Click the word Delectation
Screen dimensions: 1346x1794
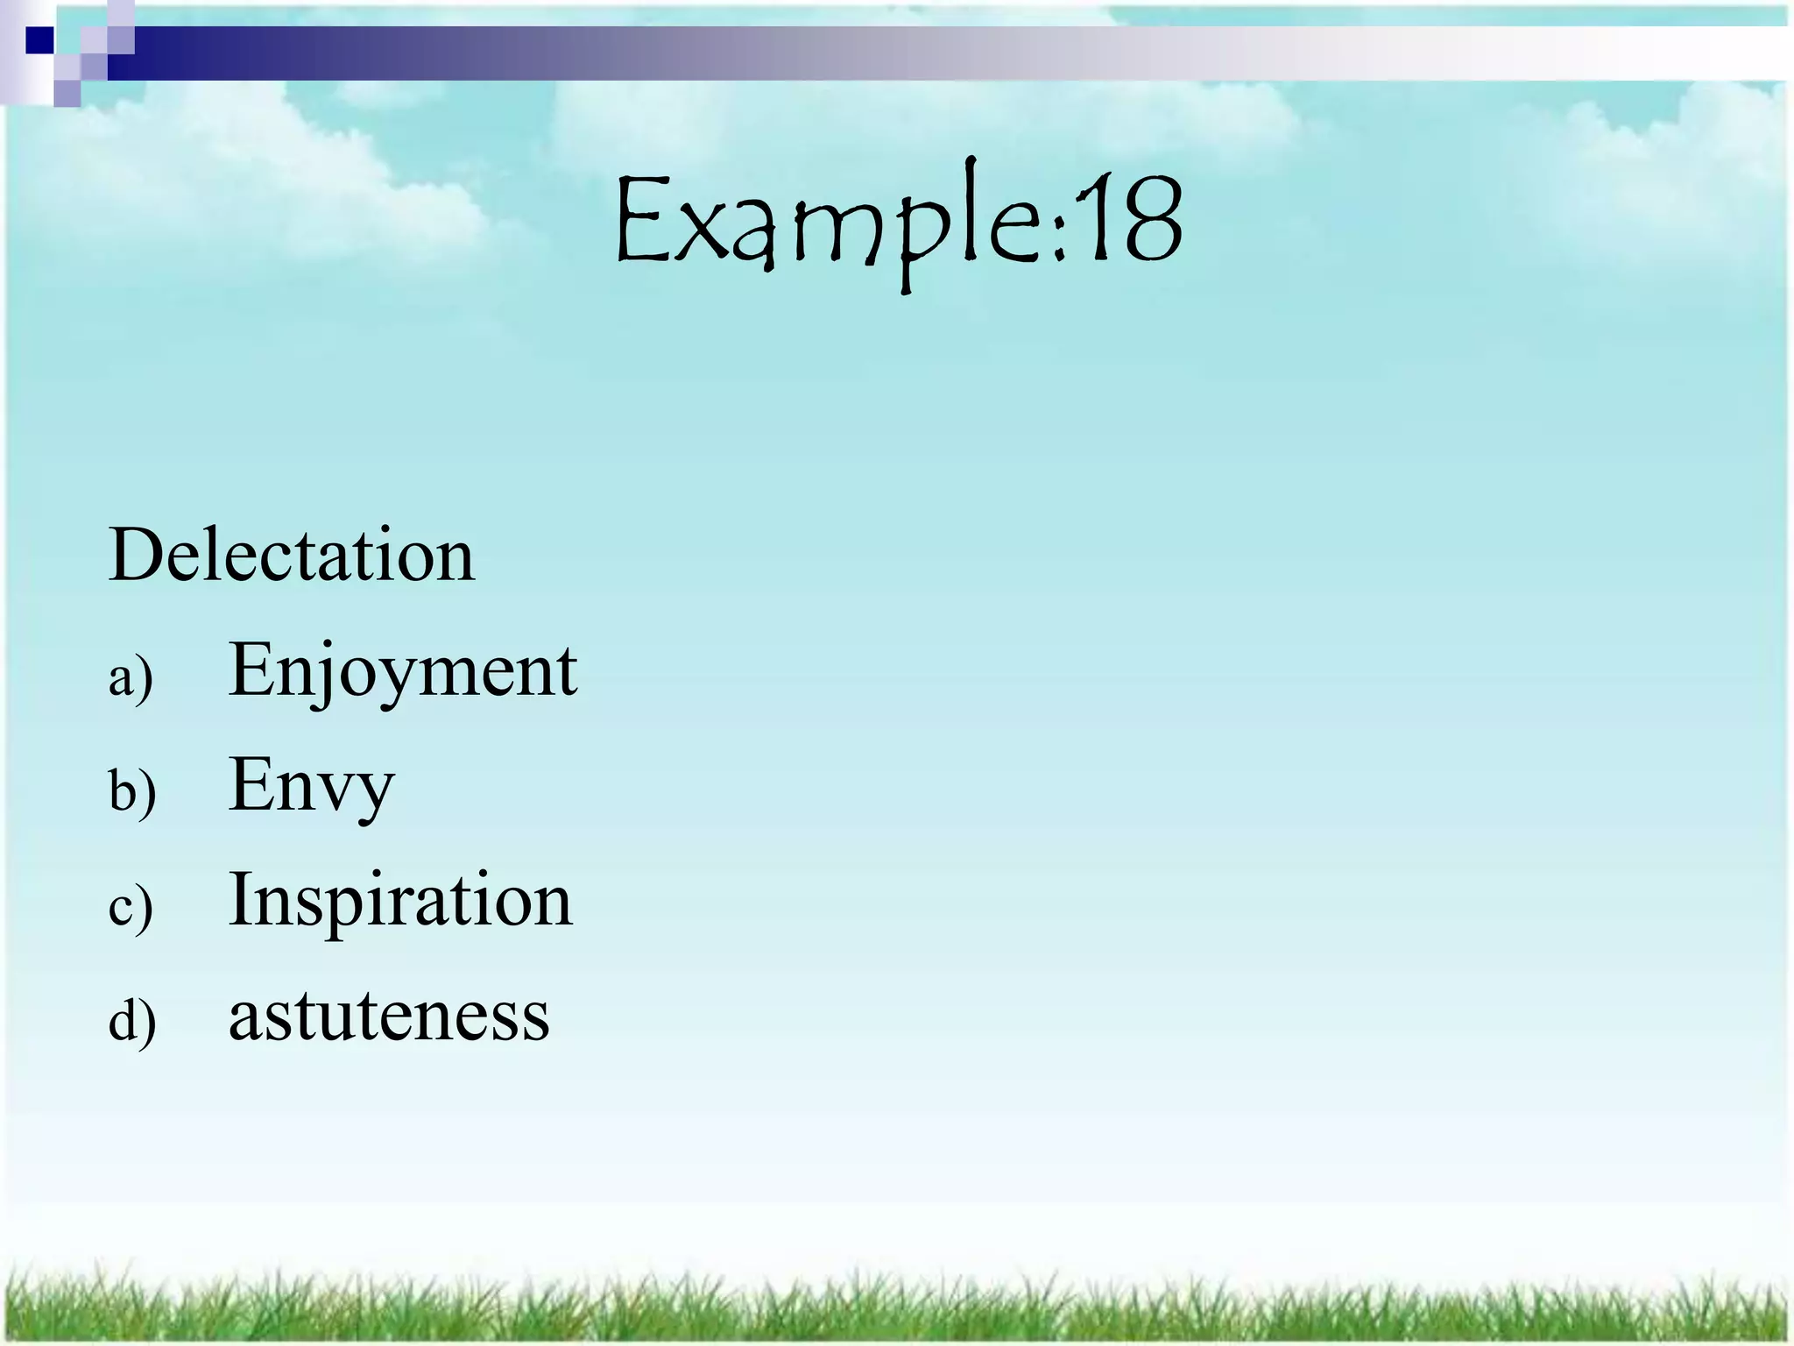pyautogui.click(x=292, y=555)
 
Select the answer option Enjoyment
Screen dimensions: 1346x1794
pyautogui.click(x=402, y=670)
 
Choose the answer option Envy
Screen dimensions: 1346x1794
pyautogui.click(x=311, y=785)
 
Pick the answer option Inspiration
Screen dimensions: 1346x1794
pyautogui.click(x=400, y=900)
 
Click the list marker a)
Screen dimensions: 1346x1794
pyautogui.click(x=131, y=677)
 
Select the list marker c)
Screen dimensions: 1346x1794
pyautogui.click(x=131, y=906)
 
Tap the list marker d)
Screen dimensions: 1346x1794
pyautogui.click(x=132, y=1021)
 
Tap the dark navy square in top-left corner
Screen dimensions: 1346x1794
pyautogui.click(x=40, y=40)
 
